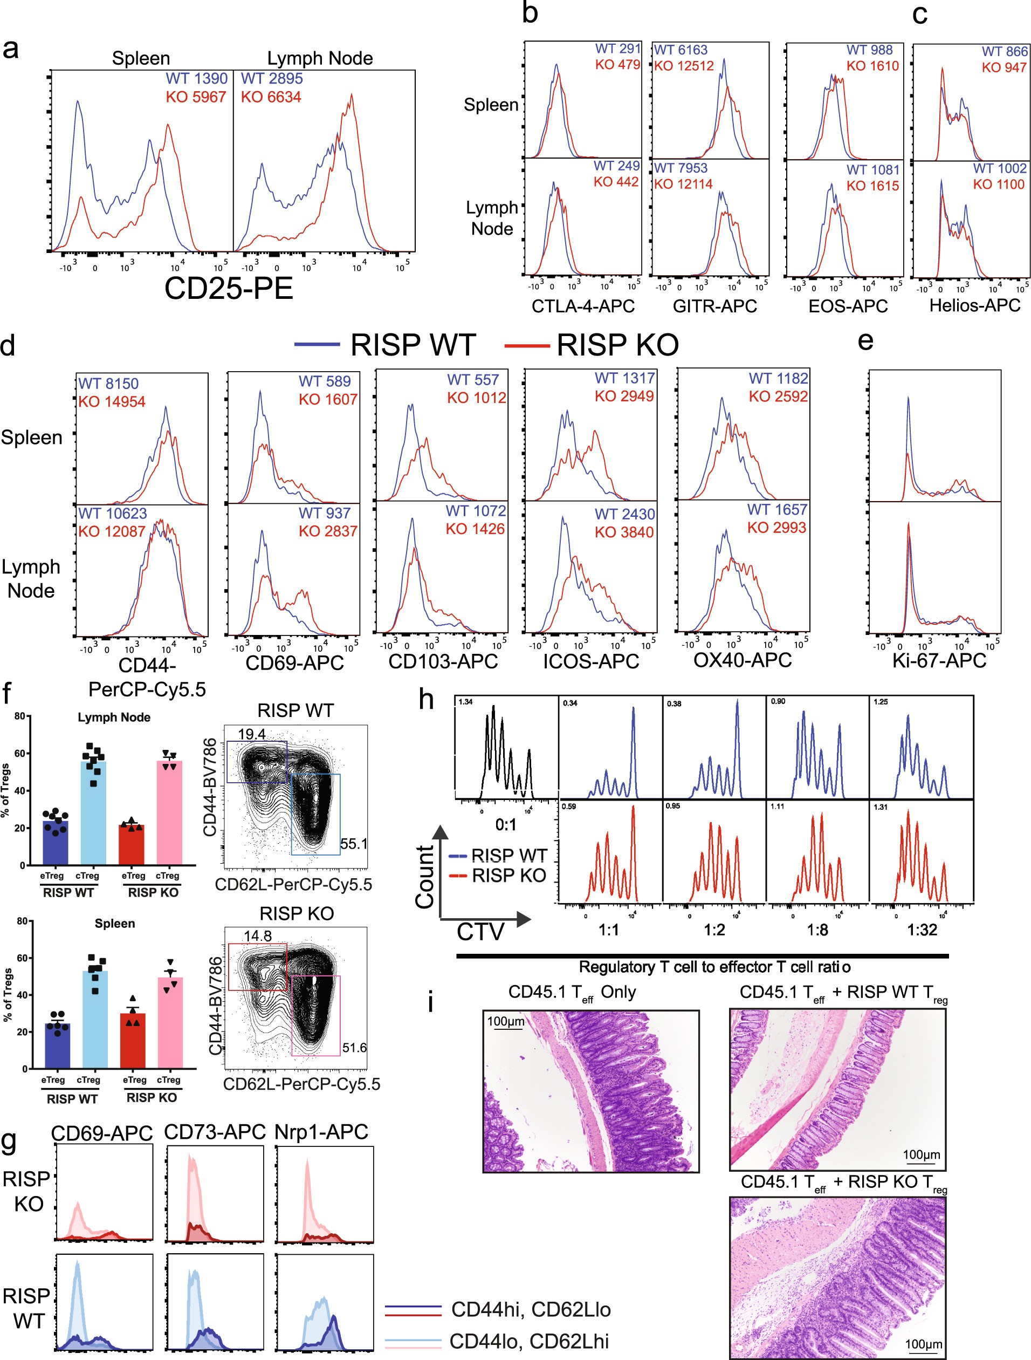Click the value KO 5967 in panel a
tap(196, 97)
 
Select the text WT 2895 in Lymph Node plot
tap(272, 79)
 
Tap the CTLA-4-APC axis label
tap(582, 306)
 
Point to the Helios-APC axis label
tap(974, 305)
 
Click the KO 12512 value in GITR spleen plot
tap(683, 66)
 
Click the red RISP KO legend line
tap(527, 346)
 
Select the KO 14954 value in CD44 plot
tap(112, 402)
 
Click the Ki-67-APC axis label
tap(939, 661)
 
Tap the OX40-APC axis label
tap(742, 660)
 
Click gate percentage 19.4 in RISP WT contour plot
tap(251, 734)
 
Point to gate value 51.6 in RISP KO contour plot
tap(354, 1048)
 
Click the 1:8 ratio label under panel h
tap(817, 930)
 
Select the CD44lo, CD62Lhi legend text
tap(529, 1342)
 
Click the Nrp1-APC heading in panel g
tap(321, 1132)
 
